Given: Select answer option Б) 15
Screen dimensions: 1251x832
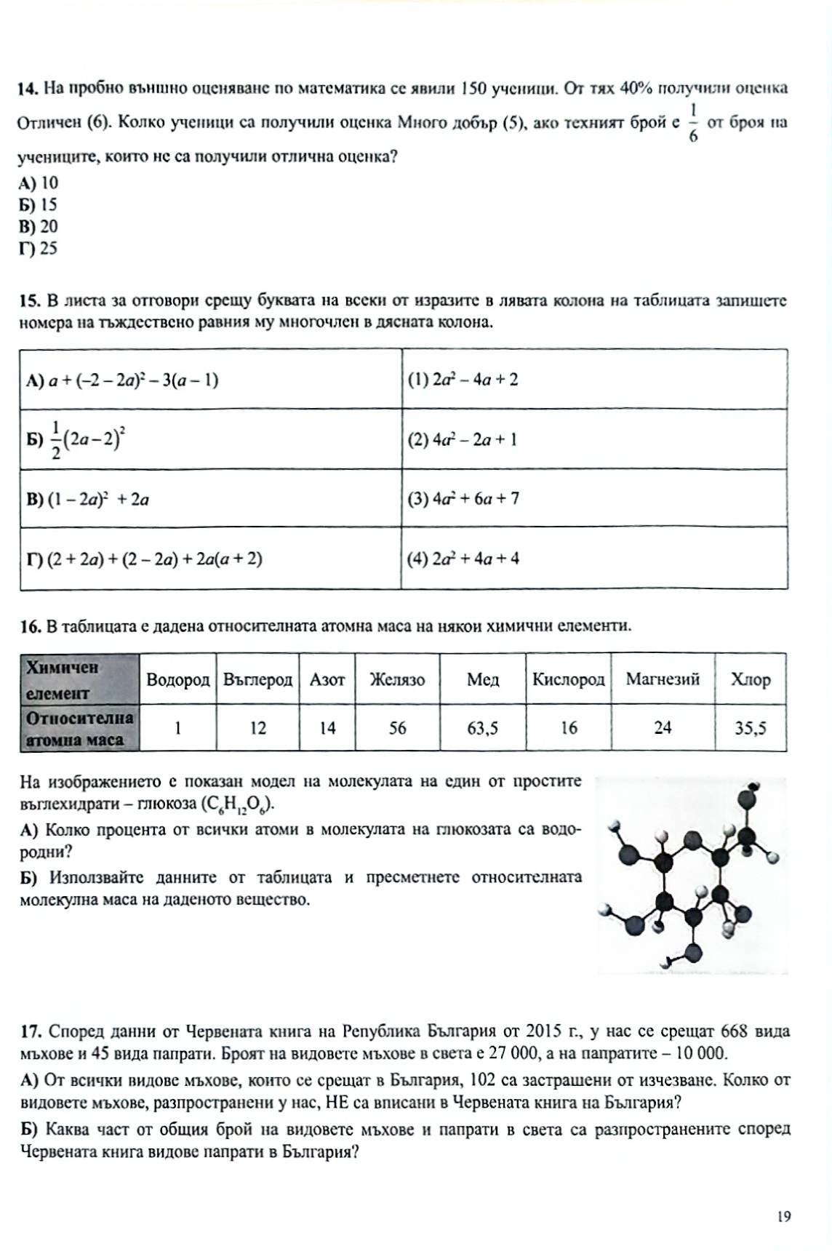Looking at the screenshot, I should tap(39, 205).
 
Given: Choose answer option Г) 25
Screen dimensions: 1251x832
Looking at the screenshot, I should tap(39, 249).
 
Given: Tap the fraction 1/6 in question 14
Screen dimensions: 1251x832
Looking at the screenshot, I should tap(692, 123).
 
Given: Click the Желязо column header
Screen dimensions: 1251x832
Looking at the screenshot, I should tap(397, 680).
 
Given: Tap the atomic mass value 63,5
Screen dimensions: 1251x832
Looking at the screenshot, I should tap(482, 728).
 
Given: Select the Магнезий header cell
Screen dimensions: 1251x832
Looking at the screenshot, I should tap(663, 680).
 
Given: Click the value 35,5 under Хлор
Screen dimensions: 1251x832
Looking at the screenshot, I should tap(750, 728).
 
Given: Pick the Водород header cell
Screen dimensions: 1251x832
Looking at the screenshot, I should tap(177, 680).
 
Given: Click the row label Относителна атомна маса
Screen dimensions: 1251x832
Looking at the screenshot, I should tap(79, 728).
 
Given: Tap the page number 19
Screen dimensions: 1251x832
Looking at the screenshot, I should tap(783, 1216).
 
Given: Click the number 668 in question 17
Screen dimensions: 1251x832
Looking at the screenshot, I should tap(734, 1031).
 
